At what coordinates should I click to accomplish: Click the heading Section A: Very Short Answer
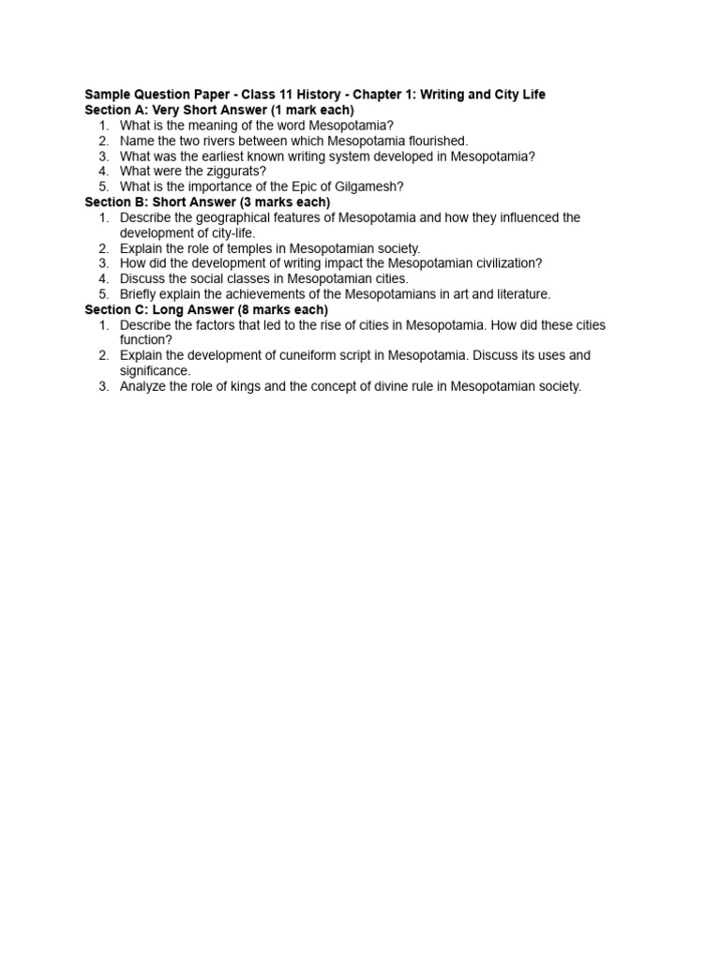tap(218, 110)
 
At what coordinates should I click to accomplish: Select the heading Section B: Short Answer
tap(207, 202)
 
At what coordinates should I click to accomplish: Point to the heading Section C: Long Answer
tap(206, 309)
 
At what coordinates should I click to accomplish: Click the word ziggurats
tap(233, 172)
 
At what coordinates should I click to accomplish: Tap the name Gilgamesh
tap(367, 187)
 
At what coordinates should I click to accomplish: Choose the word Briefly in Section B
tap(141, 294)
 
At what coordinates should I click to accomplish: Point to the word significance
tap(155, 370)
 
